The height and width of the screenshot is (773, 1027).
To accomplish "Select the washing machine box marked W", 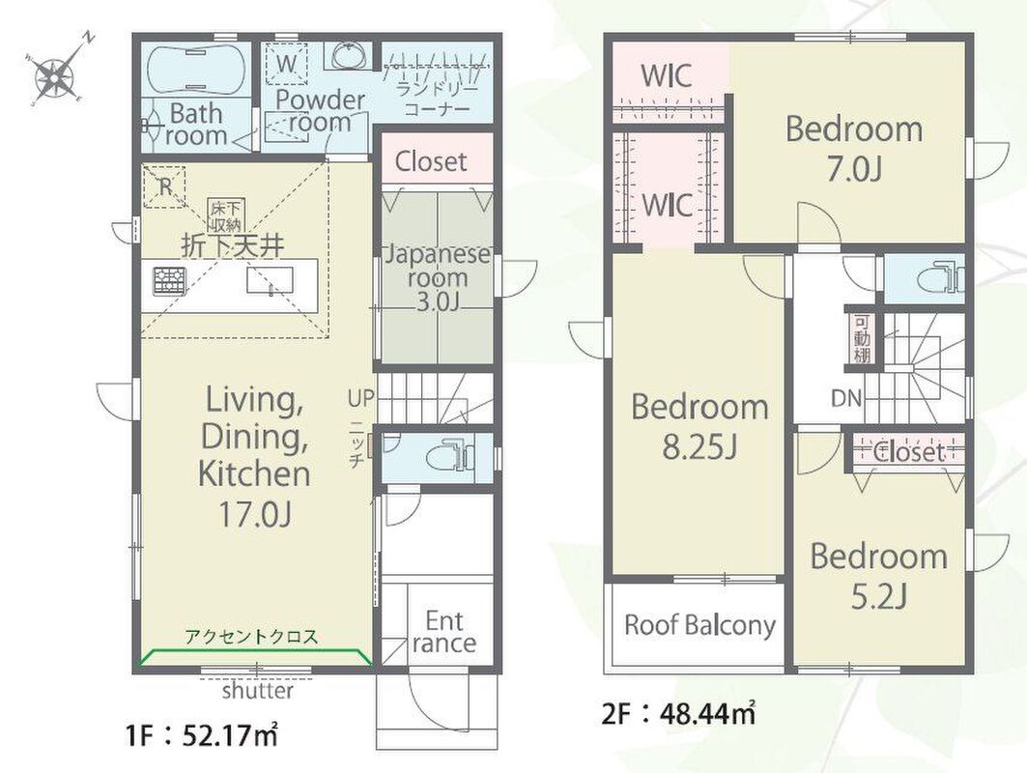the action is point(287,64).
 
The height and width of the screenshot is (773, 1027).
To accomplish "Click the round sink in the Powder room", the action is point(352,56).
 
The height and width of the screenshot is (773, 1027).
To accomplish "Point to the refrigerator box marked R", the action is point(164,187).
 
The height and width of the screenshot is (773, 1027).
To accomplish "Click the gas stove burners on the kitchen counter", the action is point(170,282).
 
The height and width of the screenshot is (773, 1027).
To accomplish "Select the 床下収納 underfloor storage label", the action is point(225,216).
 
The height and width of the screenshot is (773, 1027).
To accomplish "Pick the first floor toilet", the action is point(450,456).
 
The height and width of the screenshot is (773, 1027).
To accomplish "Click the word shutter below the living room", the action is point(257,691).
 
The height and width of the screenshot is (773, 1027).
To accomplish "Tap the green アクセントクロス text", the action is point(251,636).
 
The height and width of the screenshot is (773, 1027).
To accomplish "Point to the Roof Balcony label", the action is point(699,625).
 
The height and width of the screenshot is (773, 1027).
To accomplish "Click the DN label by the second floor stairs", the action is point(846,398).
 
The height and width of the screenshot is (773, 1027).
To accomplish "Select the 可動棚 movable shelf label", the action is point(861,340).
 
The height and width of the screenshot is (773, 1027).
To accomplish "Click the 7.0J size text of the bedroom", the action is point(854,170).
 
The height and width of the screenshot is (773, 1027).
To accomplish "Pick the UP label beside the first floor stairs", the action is point(361,398).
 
